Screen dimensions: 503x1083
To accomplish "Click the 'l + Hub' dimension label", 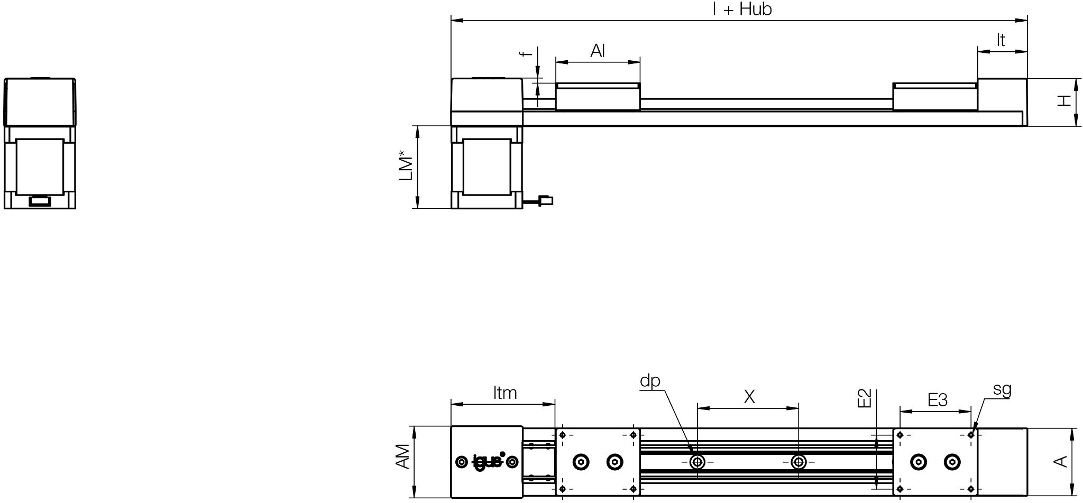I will [x=742, y=10].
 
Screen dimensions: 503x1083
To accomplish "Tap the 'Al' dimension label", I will [x=598, y=51].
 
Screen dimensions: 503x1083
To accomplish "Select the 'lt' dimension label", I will [x=1001, y=40].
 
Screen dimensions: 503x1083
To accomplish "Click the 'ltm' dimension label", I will [x=504, y=393].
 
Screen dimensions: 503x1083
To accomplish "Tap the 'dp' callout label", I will [x=650, y=380].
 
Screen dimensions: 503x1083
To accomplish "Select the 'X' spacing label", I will [x=749, y=396].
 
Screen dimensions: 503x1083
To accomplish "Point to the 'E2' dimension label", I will [x=864, y=398].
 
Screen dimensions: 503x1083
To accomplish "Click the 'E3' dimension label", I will [x=938, y=400].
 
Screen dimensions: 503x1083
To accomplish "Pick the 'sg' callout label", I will [x=1002, y=389].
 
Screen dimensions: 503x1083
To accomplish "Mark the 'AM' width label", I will [x=403, y=456].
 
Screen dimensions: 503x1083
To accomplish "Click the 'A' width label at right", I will [x=1061, y=461].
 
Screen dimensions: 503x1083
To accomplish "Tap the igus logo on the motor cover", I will [x=488, y=461].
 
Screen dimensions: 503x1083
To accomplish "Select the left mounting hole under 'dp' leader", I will [x=697, y=462].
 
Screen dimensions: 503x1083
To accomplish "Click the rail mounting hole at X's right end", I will [x=799, y=462].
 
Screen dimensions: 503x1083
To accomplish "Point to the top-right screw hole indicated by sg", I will [x=971, y=435].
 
